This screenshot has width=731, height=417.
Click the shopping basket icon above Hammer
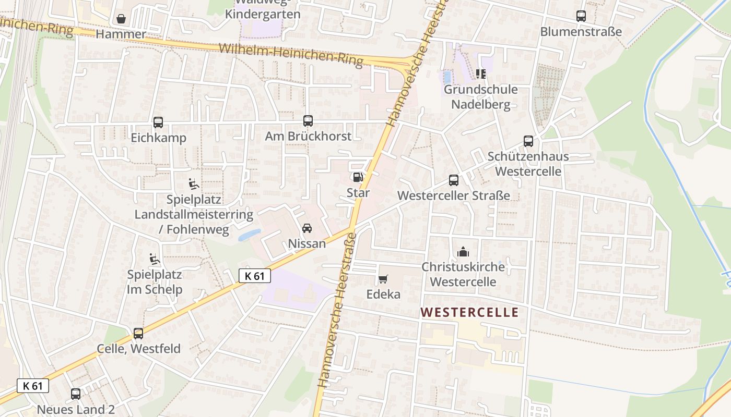(x=121, y=19)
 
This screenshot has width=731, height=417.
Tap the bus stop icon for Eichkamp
(x=158, y=122)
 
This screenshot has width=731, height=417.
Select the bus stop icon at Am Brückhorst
(x=308, y=121)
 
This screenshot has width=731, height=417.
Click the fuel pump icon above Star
(x=358, y=177)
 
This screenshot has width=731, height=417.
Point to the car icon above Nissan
(x=307, y=228)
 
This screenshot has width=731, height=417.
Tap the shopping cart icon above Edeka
(x=383, y=279)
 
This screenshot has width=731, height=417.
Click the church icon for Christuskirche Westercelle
(x=463, y=252)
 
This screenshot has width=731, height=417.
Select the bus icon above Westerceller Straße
(x=454, y=180)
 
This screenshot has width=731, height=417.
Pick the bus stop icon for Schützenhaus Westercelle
(x=528, y=141)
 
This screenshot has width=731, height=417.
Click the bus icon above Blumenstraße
(x=581, y=16)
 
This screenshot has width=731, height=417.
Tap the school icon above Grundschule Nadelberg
(x=481, y=74)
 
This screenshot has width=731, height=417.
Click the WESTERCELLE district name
(x=470, y=313)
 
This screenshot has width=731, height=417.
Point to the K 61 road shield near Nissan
(x=255, y=276)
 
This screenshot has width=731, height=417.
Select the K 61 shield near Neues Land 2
(x=33, y=386)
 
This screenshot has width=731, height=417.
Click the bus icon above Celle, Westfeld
(x=138, y=333)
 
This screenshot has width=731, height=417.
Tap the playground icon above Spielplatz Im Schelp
(x=154, y=259)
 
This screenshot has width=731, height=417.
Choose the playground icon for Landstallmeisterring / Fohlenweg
(x=194, y=183)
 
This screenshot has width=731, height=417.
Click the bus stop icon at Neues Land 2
(x=76, y=394)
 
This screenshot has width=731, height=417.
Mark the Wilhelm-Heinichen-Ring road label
(x=290, y=55)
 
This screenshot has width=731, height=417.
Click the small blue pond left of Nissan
(x=250, y=235)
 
